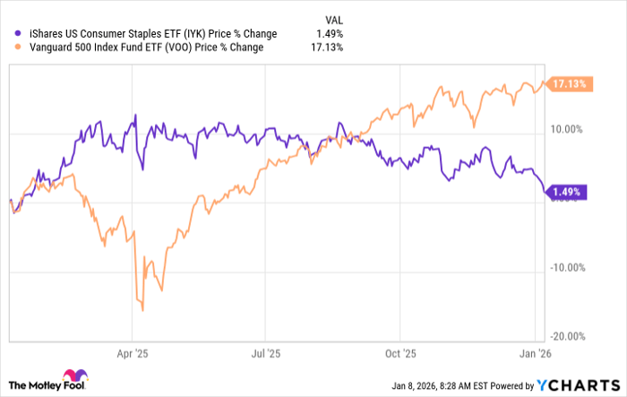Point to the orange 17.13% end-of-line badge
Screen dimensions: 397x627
tap(569, 84)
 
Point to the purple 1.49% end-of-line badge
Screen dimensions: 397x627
tap(565, 192)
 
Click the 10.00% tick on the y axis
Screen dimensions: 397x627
tap(567, 130)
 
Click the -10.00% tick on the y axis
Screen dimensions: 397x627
tap(565, 268)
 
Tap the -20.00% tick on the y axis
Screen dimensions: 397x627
tap(565, 337)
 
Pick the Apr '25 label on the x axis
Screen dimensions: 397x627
tap(132, 354)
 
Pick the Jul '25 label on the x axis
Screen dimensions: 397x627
tap(266, 354)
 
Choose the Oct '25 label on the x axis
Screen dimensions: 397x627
tap(401, 354)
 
